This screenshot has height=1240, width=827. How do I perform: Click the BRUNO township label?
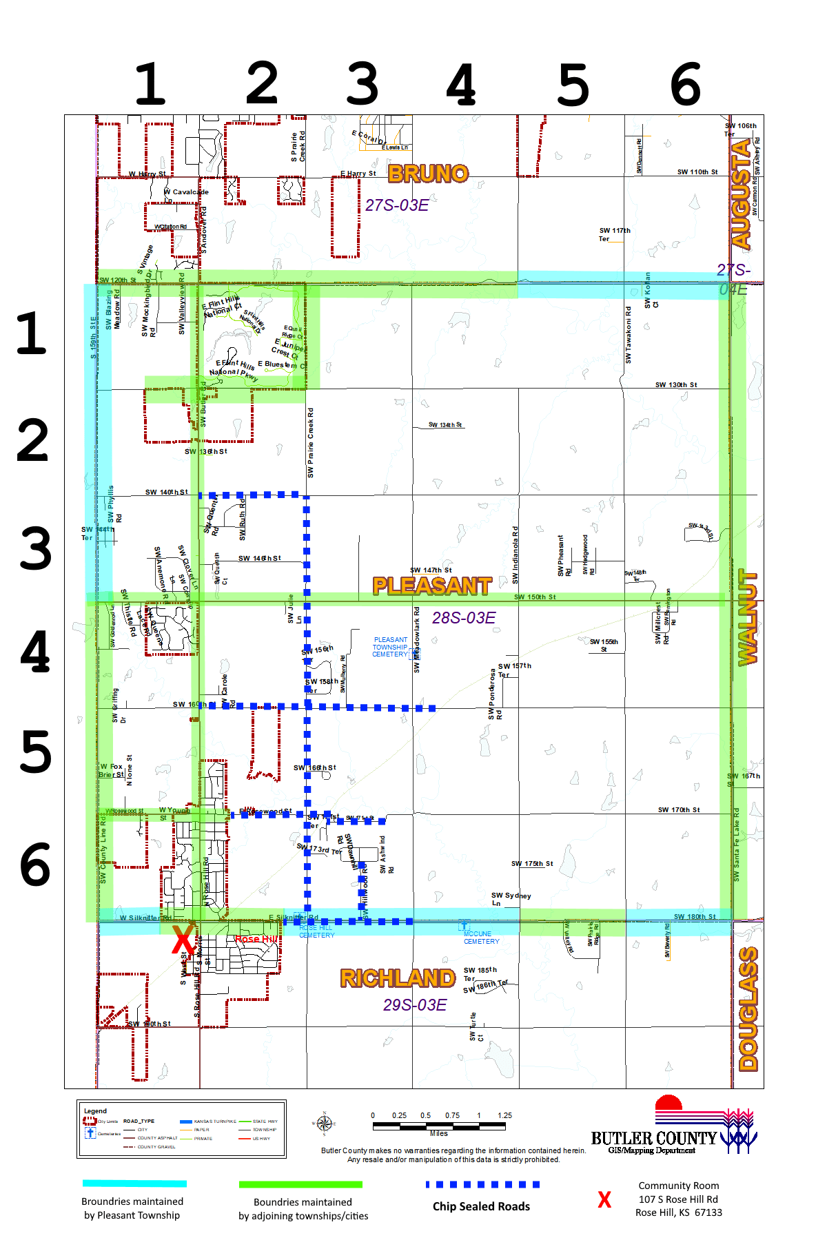point(428,174)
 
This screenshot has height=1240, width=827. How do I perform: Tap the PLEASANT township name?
point(432,586)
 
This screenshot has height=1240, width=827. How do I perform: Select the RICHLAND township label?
point(398,978)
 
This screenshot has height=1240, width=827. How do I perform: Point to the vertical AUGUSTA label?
point(742,194)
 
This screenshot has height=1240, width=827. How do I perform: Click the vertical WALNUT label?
point(747,617)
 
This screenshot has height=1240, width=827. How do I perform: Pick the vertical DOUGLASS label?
point(748,1009)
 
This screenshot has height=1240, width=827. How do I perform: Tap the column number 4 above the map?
point(461,85)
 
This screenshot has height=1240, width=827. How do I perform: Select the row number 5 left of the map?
point(36,752)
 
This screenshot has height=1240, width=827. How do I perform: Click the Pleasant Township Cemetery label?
point(390,647)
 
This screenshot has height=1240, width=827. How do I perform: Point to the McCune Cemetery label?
point(481,938)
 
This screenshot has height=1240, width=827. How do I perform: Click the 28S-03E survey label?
point(464,618)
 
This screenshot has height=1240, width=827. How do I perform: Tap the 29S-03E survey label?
point(415,1005)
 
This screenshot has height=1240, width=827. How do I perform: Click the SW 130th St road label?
point(676,385)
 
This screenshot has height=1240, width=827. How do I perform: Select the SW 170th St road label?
point(678,810)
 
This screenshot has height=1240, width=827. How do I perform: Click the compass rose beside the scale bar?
point(325,1124)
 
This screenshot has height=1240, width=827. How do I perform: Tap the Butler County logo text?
point(654,1139)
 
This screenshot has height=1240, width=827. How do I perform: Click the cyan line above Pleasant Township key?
point(134,1184)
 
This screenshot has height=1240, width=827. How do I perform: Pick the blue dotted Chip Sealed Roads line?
point(482,1185)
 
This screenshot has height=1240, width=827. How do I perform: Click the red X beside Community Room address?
point(604,1200)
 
